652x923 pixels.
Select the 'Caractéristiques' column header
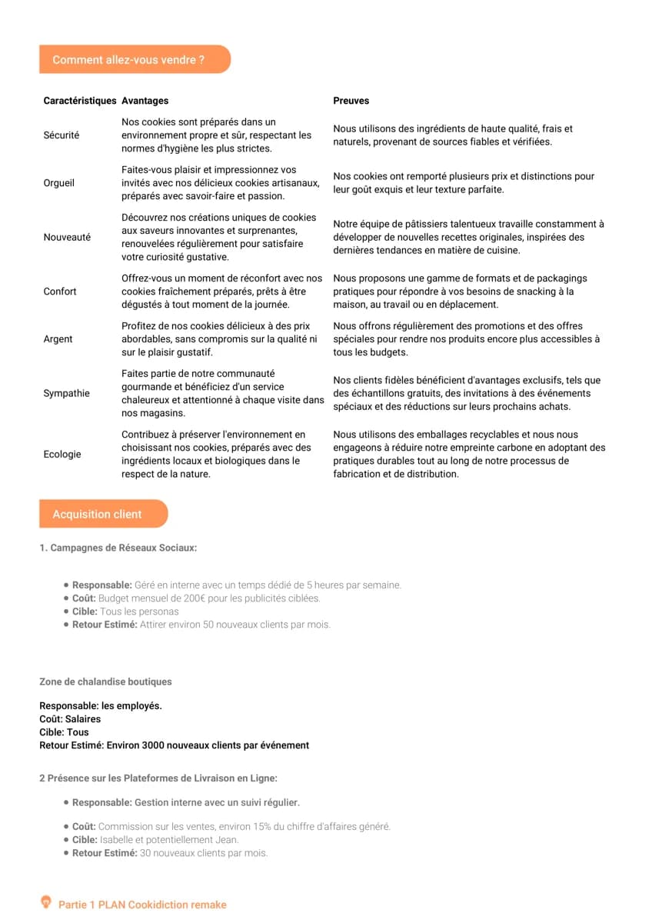(80, 101)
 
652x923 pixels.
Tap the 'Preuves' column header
(351, 101)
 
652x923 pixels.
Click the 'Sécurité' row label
(62, 135)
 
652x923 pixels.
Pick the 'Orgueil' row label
(59, 183)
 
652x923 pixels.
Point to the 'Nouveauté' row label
(67, 237)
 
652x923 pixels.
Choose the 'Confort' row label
(60, 292)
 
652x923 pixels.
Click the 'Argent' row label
(58, 339)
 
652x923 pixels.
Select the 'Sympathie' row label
(66, 393)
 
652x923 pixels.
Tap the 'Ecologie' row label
(62, 455)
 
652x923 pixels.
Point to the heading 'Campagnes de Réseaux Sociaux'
(123, 548)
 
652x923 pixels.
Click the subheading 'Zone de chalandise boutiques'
(105, 681)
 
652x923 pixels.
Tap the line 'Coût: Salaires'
(70, 719)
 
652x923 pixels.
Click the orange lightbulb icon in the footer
(46, 903)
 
